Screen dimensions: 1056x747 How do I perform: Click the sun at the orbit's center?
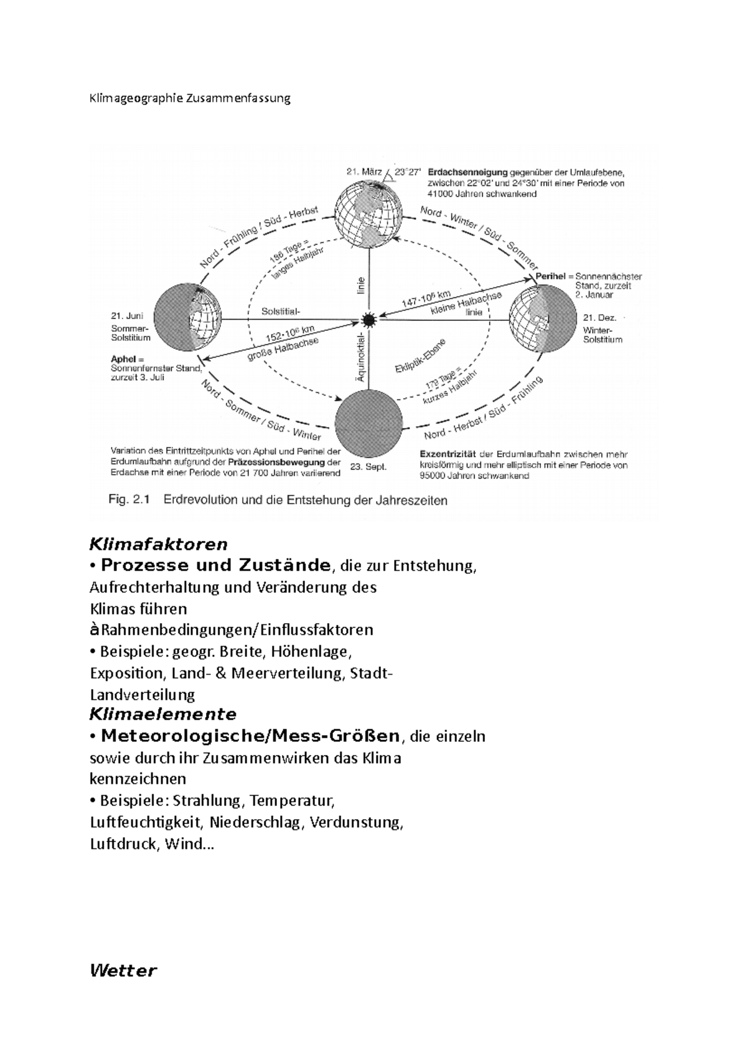click(368, 320)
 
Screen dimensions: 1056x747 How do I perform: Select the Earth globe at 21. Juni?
click(187, 318)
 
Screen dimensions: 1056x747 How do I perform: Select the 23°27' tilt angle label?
click(408, 172)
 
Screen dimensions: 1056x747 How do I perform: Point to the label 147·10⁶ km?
click(426, 297)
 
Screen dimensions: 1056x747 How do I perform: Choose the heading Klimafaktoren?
click(159, 544)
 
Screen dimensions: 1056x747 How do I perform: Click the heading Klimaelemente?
click(163, 713)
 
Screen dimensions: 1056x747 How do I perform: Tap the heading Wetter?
click(123, 970)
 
